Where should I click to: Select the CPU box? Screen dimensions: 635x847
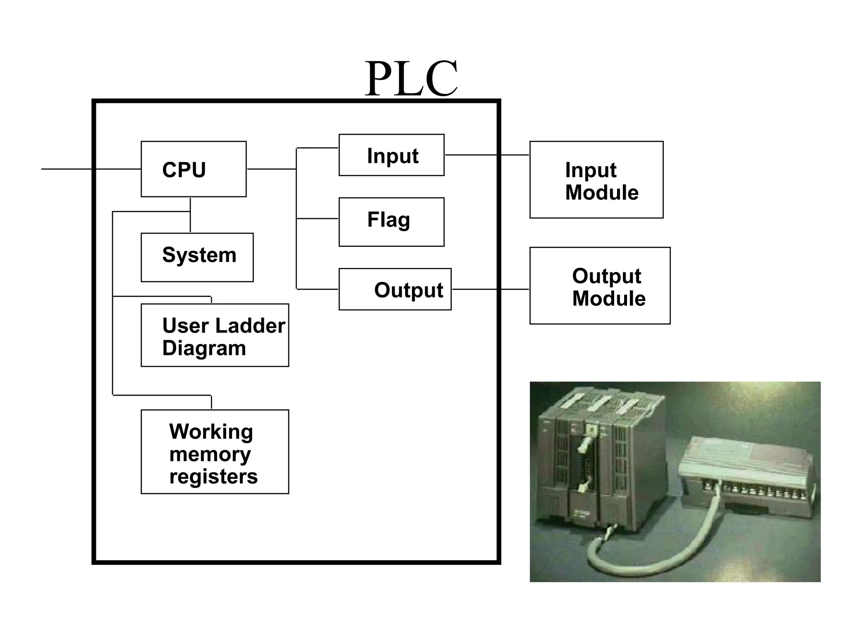click(194, 169)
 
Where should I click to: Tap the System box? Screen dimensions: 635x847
click(197, 257)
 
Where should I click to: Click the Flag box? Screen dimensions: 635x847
click(391, 222)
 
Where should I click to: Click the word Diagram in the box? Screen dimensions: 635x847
click(204, 348)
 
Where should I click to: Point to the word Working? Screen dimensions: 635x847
click(211, 432)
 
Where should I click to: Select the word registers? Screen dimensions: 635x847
click(213, 476)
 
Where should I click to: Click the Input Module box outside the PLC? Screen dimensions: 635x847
click(596, 180)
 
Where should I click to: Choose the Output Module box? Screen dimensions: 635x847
click(600, 286)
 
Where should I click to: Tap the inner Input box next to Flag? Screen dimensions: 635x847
click(391, 155)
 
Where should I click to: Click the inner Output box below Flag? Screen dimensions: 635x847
click(395, 289)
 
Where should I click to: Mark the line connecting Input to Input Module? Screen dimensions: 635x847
click(486, 155)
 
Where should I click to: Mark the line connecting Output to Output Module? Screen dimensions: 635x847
click(490, 289)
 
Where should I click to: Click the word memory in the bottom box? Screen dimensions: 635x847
click(210, 454)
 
